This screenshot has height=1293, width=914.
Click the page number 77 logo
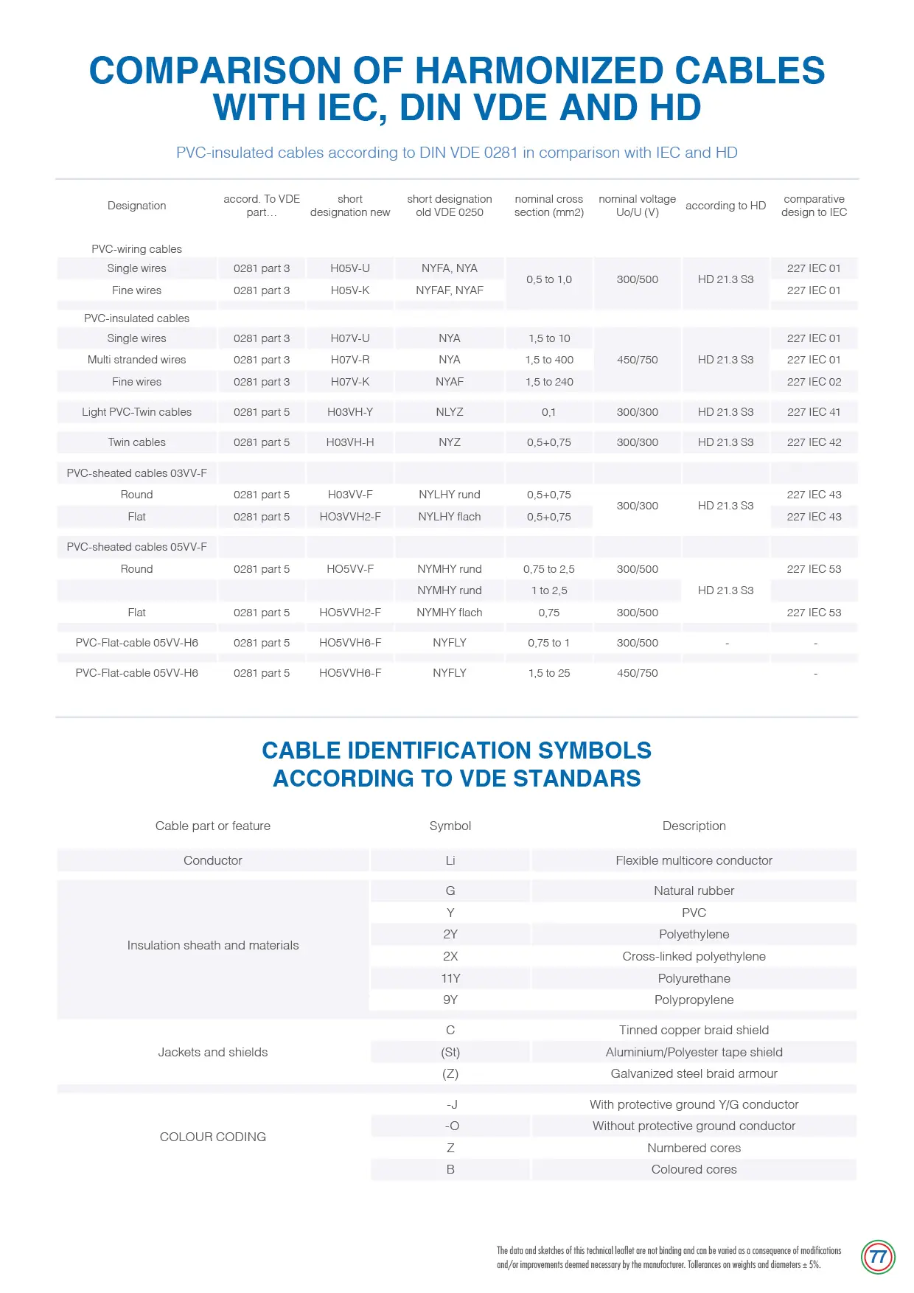877,1257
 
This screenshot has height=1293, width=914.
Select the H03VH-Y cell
350,412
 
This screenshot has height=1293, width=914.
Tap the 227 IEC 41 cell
814,412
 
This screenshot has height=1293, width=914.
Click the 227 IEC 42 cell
814,442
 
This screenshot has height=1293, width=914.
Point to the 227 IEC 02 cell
814,382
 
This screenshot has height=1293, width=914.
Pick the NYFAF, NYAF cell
450,290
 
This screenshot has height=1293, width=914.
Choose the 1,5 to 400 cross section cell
549,360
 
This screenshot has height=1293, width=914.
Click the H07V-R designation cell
350,360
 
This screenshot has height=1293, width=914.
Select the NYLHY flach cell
450,517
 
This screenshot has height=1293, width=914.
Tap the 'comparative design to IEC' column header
814,206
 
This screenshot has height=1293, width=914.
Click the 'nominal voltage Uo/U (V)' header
638,206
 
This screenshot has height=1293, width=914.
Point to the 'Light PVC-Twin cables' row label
137,412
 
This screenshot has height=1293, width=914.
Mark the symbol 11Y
450,978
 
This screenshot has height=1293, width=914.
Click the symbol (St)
450,1052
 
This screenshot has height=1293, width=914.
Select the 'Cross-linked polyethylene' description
694,956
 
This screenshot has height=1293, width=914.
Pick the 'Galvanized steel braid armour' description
694,1073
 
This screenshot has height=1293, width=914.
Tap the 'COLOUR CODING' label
213,1137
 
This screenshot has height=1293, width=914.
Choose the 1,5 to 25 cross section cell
549,673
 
